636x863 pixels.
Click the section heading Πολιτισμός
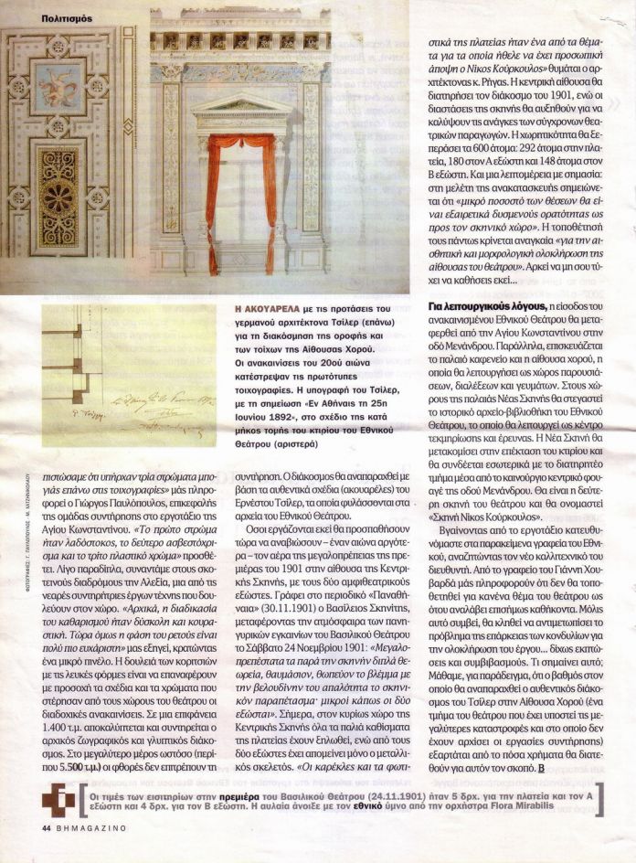(x=68, y=17)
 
